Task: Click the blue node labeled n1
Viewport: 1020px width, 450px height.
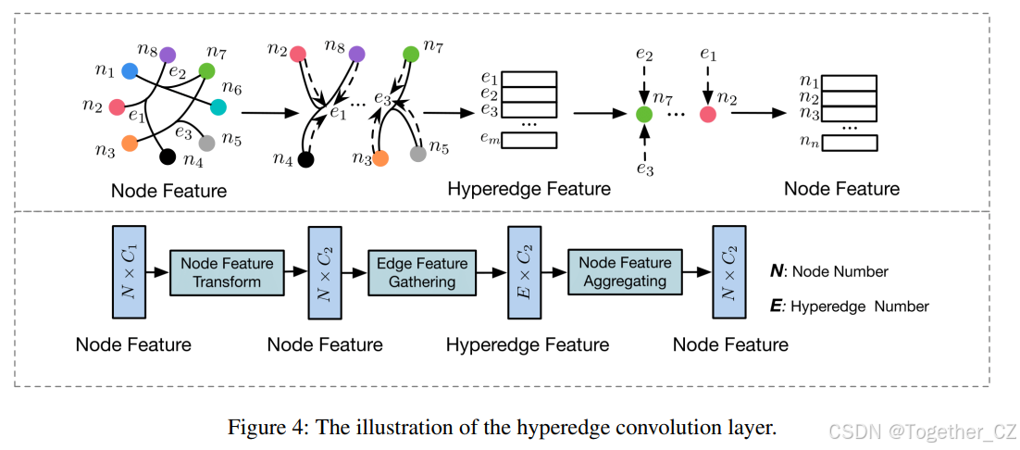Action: (130, 70)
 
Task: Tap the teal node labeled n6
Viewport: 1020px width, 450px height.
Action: (218, 106)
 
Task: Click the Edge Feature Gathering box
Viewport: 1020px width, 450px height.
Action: (422, 272)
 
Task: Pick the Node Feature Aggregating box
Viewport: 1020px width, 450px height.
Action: (626, 272)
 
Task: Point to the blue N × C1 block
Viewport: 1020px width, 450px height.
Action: (127, 272)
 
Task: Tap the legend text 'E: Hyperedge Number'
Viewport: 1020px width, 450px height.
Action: (849, 306)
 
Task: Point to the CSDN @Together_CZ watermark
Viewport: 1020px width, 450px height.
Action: (920, 431)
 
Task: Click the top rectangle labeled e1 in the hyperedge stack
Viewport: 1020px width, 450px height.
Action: (518, 79)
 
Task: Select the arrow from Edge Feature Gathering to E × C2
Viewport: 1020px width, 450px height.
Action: (491, 272)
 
